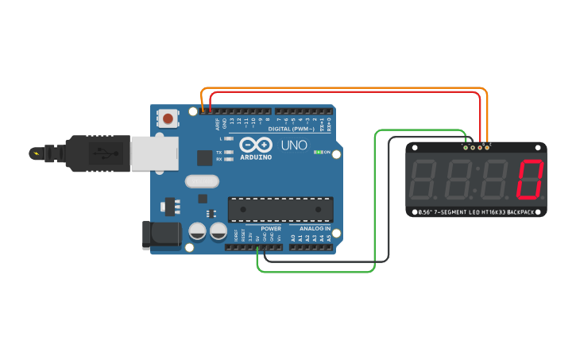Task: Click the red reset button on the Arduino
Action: (x=168, y=119)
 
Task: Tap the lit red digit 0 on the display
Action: (x=529, y=180)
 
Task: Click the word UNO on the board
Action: (x=288, y=145)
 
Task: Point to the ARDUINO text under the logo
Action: (x=256, y=157)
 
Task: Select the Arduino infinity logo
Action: (x=255, y=145)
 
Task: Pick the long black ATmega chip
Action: (x=280, y=209)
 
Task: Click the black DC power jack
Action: (x=158, y=234)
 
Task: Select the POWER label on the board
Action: (x=270, y=229)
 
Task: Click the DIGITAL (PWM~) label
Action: (x=291, y=129)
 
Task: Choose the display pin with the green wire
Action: (x=466, y=147)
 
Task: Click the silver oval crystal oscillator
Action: (x=202, y=181)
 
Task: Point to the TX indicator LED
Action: (x=230, y=151)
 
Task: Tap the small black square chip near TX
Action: (x=205, y=157)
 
